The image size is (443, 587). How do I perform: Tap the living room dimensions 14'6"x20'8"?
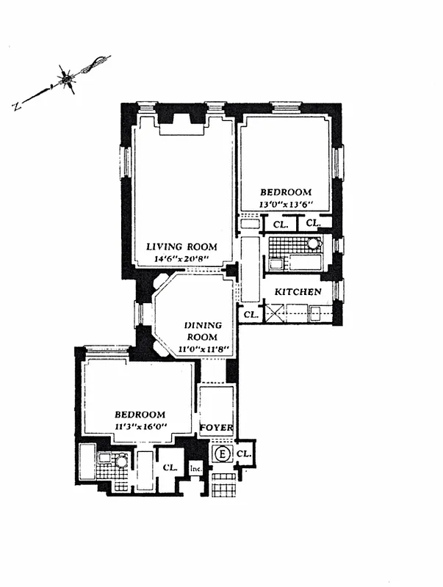coord(181,259)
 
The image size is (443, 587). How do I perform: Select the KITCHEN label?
coord(298,292)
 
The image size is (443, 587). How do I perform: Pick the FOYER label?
coord(217,428)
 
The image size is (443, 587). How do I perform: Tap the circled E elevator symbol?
coord(221,455)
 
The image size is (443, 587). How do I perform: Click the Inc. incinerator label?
coord(196,467)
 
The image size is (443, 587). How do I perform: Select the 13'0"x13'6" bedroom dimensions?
coord(286,205)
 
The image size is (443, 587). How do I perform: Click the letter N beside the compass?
coord(15,106)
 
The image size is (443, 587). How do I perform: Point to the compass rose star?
coord(68,77)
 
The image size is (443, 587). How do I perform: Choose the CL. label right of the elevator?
coord(245,454)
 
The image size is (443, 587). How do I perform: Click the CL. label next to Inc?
coord(170,467)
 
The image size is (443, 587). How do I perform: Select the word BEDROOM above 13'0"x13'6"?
coord(286,192)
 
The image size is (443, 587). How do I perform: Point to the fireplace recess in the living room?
coord(181,122)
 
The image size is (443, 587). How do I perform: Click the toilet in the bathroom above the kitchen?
coord(314,244)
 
